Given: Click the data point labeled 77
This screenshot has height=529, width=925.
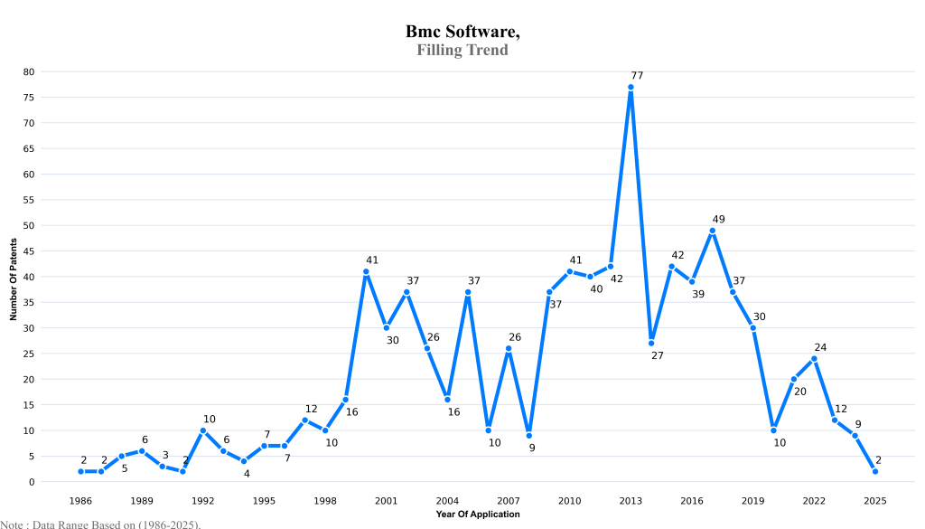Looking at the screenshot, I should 631,87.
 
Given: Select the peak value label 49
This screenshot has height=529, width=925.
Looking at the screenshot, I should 718,219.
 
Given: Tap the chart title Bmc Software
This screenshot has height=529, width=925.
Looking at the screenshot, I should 462,32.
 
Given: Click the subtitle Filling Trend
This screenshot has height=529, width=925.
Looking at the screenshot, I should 462,51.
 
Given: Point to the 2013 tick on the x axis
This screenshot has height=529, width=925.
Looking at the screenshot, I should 631,500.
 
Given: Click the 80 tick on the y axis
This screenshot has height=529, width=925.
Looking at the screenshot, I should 30,71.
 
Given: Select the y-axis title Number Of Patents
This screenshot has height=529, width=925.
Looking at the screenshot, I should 14,277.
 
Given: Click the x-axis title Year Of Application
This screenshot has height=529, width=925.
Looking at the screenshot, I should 477,514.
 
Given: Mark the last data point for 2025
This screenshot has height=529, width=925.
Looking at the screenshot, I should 875,471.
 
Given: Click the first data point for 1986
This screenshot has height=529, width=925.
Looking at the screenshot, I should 80,471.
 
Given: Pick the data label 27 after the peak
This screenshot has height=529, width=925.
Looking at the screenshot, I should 657,355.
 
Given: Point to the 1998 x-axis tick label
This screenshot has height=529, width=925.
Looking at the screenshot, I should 325,500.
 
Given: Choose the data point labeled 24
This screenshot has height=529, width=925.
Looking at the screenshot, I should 814,358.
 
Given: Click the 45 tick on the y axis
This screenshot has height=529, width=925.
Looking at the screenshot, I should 30,251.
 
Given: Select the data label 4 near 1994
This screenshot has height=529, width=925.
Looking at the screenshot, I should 246,473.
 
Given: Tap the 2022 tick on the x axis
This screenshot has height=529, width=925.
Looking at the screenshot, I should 814,500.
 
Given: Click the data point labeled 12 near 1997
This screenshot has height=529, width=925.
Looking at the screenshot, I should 304,420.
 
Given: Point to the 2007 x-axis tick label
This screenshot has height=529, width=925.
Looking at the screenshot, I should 509,500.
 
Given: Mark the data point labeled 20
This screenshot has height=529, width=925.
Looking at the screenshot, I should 794,379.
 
